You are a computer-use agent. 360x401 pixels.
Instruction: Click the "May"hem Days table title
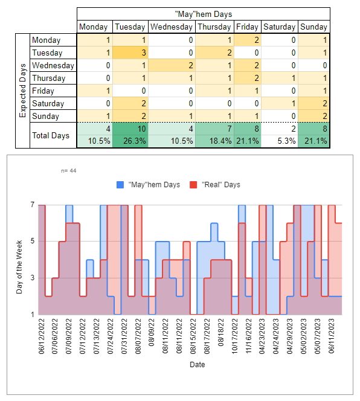click(x=204, y=14)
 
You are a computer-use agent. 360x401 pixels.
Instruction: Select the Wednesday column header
click(x=172, y=27)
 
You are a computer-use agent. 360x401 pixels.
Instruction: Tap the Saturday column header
click(x=280, y=27)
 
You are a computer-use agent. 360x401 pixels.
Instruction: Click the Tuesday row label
click(x=47, y=53)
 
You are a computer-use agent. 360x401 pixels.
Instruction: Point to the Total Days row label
click(x=51, y=135)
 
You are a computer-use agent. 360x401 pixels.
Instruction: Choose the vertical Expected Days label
click(x=22, y=91)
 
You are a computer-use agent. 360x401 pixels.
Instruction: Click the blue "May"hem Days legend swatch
click(x=120, y=185)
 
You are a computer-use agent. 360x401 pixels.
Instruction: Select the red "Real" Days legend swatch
click(x=193, y=185)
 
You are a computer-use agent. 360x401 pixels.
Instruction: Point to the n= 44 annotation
click(x=69, y=170)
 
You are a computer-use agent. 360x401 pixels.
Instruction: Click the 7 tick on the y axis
click(x=33, y=205)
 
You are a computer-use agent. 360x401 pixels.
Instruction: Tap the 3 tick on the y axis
click(x=33, y=278)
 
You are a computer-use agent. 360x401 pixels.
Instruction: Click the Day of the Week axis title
click(x=19, y=267)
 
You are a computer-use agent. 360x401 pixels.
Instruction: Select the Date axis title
click(x=198, y=364)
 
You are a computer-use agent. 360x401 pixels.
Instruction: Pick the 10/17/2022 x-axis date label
click(x=235, y=336)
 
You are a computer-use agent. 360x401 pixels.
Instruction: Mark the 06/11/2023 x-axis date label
click(x=332, y=336)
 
